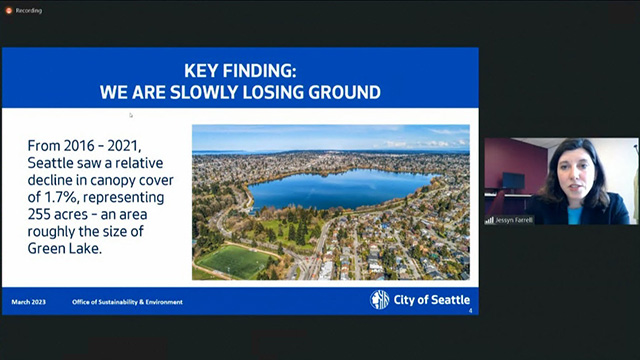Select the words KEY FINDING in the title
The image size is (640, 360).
[x=240, y=72]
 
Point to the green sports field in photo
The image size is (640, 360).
[x=233, y=261]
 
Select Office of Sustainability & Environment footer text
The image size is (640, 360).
[x=127, y=301]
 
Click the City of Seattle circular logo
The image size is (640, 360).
[x=380, y=299]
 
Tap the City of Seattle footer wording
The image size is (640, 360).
[x=432, y=300]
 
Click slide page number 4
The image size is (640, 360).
[x=470, y=310]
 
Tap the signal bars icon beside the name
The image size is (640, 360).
[x=490, y=219]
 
